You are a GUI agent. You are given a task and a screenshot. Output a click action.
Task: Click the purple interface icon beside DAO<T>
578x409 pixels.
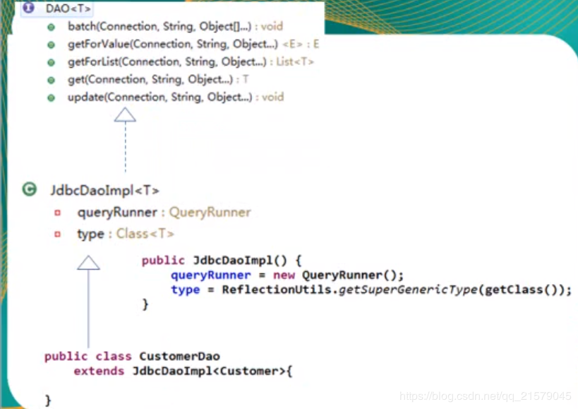point(28,7)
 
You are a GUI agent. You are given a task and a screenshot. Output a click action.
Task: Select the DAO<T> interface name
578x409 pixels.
point(68,8)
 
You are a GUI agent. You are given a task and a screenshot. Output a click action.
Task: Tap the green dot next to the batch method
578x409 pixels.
point(52,27)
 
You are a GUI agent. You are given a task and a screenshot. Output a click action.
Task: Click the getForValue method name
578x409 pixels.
point(99,45)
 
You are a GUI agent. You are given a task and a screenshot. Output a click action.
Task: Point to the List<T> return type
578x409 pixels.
point(295,61)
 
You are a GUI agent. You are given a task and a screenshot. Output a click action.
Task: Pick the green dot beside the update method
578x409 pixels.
point(52,97)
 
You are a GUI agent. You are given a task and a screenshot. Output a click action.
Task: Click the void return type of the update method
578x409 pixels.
point(273,97)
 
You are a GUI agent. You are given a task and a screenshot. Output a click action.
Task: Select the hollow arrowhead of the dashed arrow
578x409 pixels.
point(125,114)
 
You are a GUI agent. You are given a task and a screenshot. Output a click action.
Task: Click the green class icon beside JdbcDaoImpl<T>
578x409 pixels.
point(30,189)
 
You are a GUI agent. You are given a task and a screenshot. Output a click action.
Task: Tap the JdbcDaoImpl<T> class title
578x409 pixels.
point(104,190)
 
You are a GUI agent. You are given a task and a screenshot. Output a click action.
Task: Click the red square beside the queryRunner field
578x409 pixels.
point(57,213)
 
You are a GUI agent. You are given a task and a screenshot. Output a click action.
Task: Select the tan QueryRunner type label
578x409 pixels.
point(210,212)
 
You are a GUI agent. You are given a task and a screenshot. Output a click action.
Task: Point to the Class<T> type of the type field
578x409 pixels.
point(145,233)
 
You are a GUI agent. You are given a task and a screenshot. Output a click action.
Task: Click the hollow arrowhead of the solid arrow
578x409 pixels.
point(88,263)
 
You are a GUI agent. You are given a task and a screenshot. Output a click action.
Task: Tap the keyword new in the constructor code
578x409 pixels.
point(284,275)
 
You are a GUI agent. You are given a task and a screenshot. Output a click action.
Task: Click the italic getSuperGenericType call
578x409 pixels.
point(408,290)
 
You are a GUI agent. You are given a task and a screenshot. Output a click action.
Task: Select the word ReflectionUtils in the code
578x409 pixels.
point(277,290)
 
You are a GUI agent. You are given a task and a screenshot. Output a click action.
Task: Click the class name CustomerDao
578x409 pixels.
point(179,356)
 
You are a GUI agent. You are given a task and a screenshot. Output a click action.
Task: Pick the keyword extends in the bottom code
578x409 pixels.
point(99,371)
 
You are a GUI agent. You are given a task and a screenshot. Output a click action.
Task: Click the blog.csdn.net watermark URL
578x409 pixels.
point(486,396)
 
